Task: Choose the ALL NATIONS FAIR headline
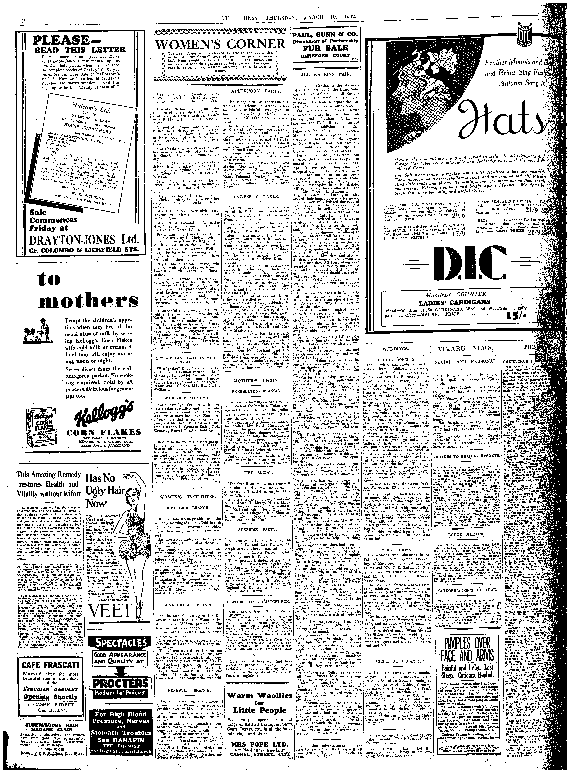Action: click(x=322, y=74)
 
